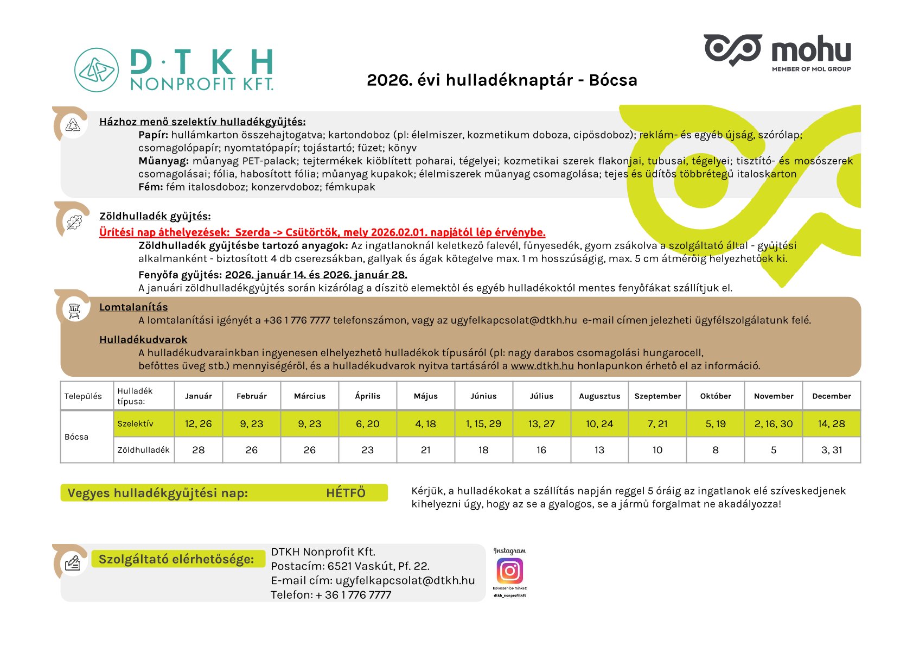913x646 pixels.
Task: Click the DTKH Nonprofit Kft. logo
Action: pyautogui.click(x=174, y=69)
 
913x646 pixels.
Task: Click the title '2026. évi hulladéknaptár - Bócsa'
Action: pyautogui.click(x=502, y=80)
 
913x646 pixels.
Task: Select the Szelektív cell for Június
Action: pyautogui.click(x=483, y=424)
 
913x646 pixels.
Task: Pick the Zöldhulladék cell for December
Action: pyautogui.click(x=831, y=450)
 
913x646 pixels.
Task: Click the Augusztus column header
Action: pyautogui.click(x=599, y=396)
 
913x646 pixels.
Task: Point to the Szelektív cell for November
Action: pyautogui.click(x=773, y=424)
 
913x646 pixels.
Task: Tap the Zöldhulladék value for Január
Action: pyautogui.click(x=199, y=450)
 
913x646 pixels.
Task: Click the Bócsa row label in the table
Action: pyautogui.click(x=76, y=437)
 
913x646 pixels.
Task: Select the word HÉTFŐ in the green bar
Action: pyautogui.click(x=346, y=493)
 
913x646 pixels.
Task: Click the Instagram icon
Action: pyautogui.click(x=509, y=571)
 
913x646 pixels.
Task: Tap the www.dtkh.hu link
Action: pyautogui.click(x=542, y=366)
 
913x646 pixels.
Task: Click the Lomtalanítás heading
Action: pyautogui.click(x=133, y=307)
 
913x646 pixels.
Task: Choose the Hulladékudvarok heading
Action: pyautogui.click(x=143, y=340)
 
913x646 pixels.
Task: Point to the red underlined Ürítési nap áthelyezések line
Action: pyautogui.click(x=322, y=232)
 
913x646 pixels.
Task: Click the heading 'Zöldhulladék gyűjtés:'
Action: pyautogui.click(x=155, y=216)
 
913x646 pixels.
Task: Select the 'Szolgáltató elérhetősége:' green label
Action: pyautogui.click(x=176, y=559)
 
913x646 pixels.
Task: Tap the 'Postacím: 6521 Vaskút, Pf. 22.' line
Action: pyautogui.click(x=350, y=566)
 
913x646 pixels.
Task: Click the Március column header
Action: pyautogui.click(x=309, y=396)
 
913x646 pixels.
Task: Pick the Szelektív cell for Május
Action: pyautogui.click(x=425, y=424)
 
